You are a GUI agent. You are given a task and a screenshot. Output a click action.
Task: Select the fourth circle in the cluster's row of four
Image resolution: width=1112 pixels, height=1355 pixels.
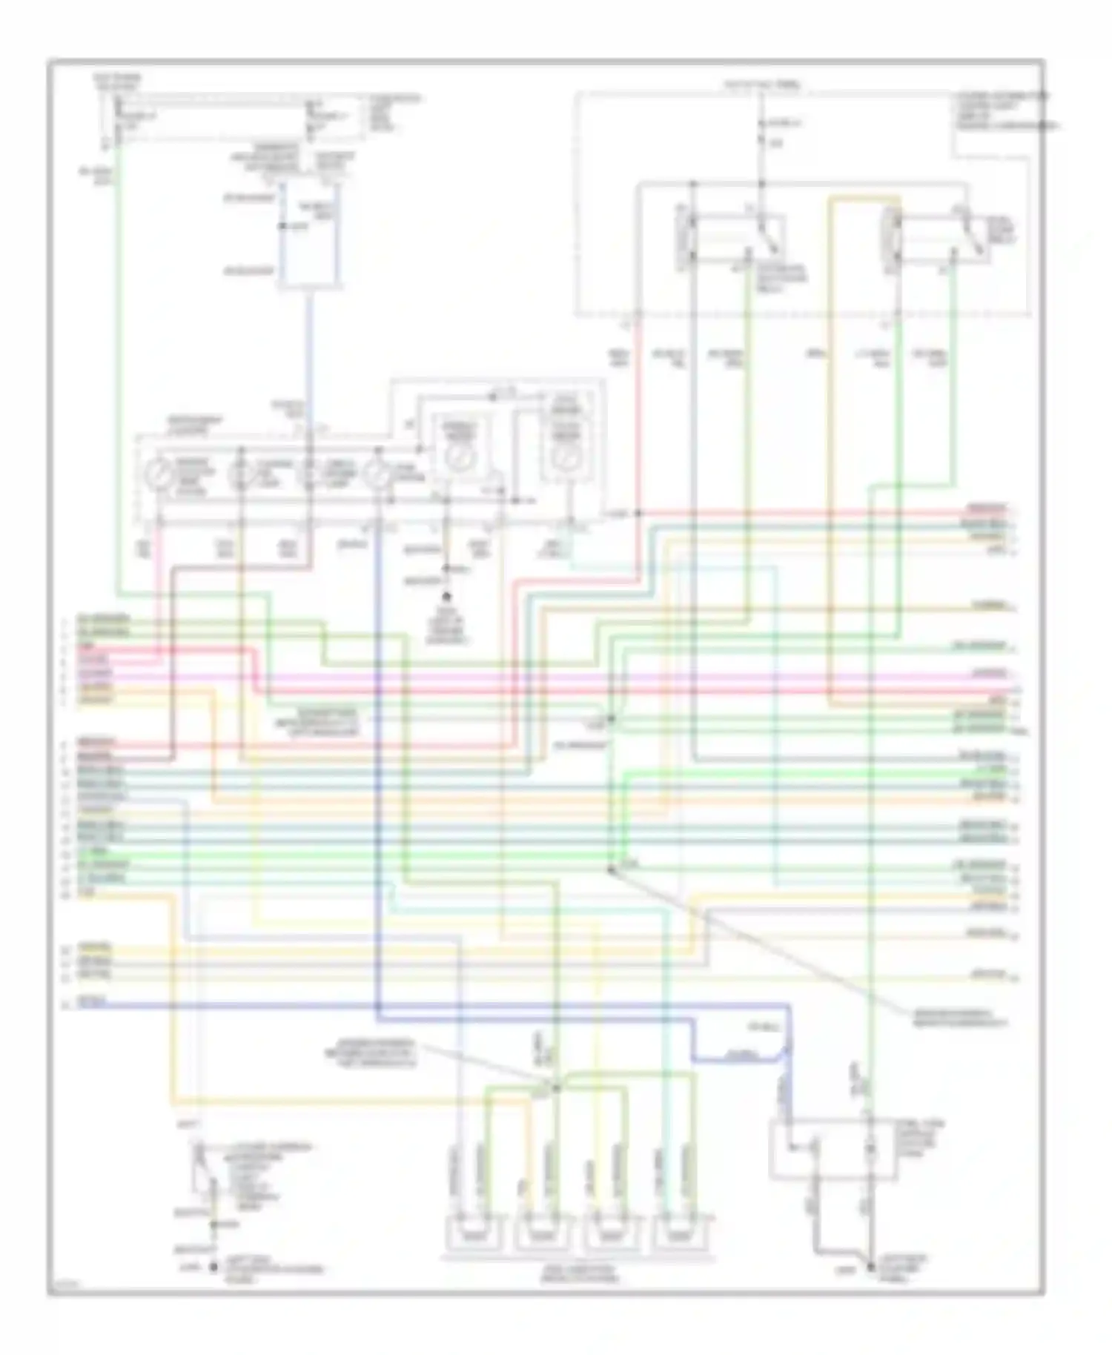(379, 475)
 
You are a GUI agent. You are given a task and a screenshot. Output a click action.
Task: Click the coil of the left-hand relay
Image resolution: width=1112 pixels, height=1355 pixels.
(686, 239)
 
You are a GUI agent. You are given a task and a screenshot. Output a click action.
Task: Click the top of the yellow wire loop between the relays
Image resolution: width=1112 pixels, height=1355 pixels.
(864, 197)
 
